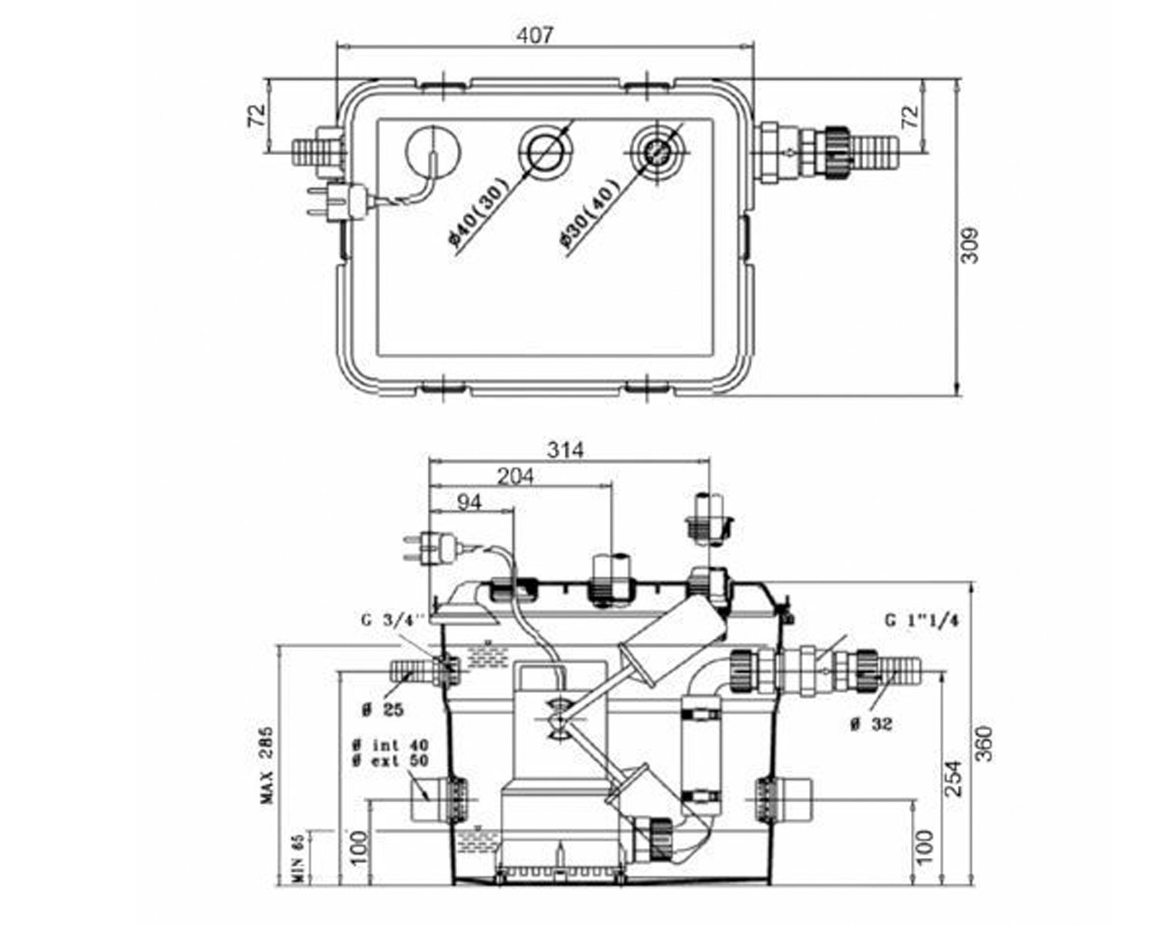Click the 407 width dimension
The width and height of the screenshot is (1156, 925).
pyautogui.click(x=534, y=35)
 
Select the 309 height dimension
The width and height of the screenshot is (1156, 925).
pyautogui.click(x=969, y=246)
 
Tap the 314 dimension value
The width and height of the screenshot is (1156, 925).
pyautogui.click(x=565, y=449)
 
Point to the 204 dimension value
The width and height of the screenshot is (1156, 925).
pyautogui.click(x=515, y=476)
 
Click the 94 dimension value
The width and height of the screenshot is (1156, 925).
pyautogui.click(x=469, y=503)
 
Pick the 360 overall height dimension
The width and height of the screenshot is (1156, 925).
pyautogui.click(x=984, y=744)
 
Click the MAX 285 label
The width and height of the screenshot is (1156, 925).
pyautogui.click(x=267, y=765)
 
